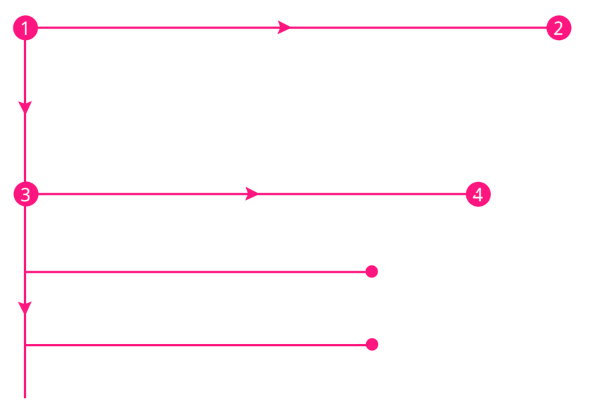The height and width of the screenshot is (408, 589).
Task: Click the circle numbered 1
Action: (x=25, y=28)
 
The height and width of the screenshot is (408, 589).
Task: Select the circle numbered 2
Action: (x=558, y=28)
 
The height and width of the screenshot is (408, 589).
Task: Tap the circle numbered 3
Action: (x=25, y=195)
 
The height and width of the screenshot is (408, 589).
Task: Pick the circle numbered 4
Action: (x=478, y=195)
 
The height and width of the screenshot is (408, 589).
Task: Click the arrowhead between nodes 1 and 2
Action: (x=283, y=28)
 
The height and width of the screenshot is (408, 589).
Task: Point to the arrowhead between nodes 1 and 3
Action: (x=25, y=107)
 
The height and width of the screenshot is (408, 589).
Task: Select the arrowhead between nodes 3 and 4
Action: (x=251, y=195)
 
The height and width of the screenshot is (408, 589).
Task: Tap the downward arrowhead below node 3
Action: (x=25, y=308)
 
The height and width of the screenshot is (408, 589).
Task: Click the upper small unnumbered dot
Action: (x=372, y=272)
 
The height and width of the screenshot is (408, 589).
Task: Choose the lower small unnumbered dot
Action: (x=372, y=345)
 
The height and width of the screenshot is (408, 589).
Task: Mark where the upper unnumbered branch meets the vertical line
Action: (x=25, y=272)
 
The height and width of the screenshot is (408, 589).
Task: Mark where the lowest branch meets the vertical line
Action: (x=25, y=345)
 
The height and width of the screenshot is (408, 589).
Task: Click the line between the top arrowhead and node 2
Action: (x=420, y=28)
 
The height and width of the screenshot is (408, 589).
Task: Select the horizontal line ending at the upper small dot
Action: (x=200, y=272)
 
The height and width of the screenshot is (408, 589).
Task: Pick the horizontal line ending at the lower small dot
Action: (x=200, y=345)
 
